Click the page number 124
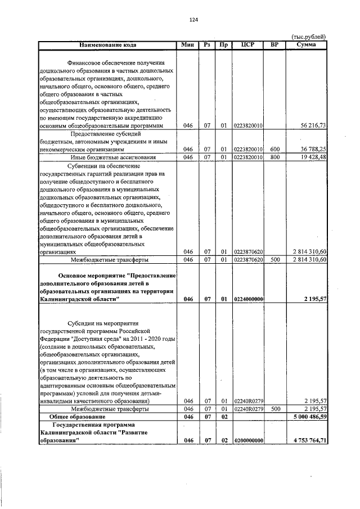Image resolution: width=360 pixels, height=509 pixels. coord(194,20)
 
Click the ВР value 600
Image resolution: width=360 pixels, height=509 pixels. coord(274,149)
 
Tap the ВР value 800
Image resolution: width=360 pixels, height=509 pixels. coord(274,157)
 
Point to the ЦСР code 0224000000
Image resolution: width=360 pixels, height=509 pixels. coord(249,299)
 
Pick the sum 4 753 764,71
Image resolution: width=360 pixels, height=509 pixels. coord(308,440)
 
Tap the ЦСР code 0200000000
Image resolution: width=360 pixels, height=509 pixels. coord(249,440)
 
